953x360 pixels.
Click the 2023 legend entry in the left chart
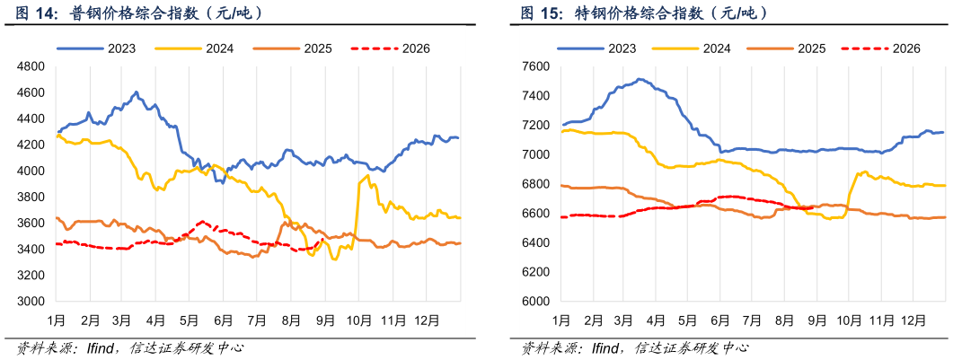(96, 48)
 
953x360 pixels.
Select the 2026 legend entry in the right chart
(880, 48)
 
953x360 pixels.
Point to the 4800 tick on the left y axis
(37, 66)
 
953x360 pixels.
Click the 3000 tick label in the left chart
(37, 301)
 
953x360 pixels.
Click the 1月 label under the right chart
(561, 318)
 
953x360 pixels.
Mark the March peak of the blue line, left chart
(137, 92)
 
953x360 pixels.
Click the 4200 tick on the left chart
(37, 145)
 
